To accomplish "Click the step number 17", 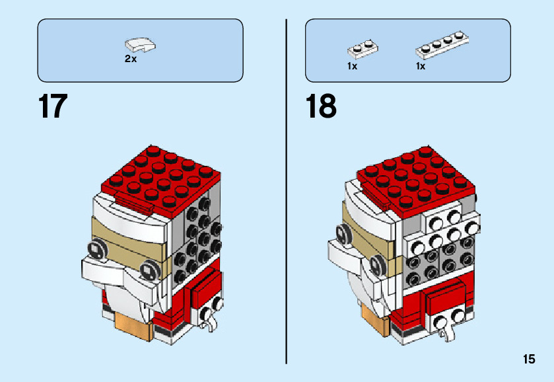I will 53,106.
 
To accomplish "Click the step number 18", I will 321,106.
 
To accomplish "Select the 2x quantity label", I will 131,59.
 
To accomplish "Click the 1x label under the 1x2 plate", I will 352,66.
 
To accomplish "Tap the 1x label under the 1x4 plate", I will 421,66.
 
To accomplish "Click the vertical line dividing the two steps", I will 286,192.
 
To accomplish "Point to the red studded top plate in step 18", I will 416,176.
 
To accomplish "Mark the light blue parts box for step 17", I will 140,50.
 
